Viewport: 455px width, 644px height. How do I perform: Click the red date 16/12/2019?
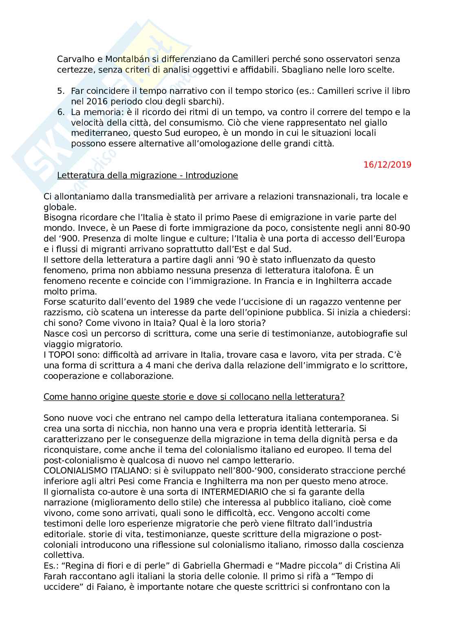tap(387, 165)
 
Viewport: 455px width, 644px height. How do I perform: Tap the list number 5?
tap(61, 91)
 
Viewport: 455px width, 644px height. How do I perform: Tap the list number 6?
tap(61, 112)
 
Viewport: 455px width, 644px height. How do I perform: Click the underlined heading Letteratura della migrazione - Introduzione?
tap(148, 175)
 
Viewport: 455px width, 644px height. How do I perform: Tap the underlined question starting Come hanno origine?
tap(194, 397)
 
